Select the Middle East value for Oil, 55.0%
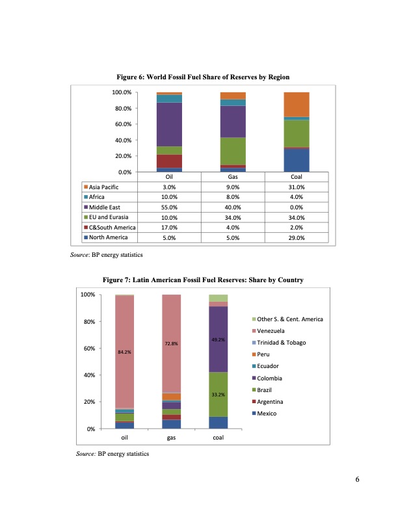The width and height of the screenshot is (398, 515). [x=169, y=207]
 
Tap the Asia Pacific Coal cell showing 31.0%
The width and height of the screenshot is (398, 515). [x=296, y=187]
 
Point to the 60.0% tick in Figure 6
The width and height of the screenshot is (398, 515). [x=123, y=124]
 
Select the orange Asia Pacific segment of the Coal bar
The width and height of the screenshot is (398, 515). [x=296, y=104]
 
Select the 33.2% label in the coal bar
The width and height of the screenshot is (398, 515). [x=219, y=394]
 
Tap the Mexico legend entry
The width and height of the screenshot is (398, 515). [x=268, y=413]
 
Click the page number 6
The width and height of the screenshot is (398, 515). [x=357, y=480]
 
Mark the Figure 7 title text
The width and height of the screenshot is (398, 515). [x=204, y=280]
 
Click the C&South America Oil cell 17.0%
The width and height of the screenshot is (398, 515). [x=169, y=227]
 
